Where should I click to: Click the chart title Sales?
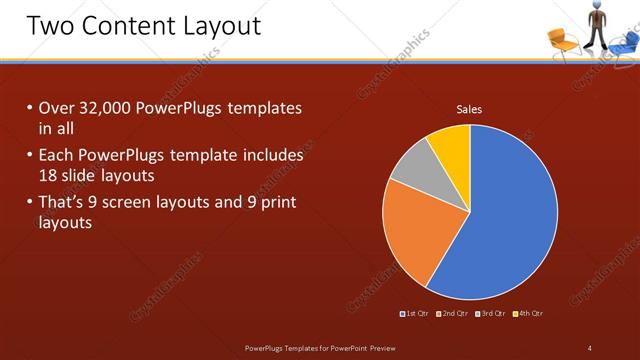click(x=469, y=109)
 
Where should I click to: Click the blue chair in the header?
click(x=624, y=41)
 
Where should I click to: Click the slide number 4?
click(x=590, y=348)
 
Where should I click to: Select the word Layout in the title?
click(x=214, y=25)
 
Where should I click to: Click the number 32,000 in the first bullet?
click(x=105, y=108)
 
